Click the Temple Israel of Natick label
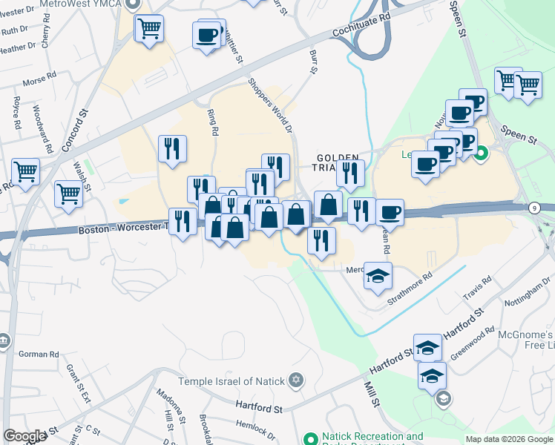click(x=231, y=381)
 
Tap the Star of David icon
click(x=295, y=381)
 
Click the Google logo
click(x=24, y=436)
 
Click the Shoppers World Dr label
click(x=268, y=105)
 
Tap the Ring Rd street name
click(x=214, y=122)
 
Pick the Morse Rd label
click(x=40, y=77)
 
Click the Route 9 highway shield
click(x=535, y=208)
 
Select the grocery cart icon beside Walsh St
click(x=68, y=194)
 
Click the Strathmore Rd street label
click(x=410, y=290)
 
